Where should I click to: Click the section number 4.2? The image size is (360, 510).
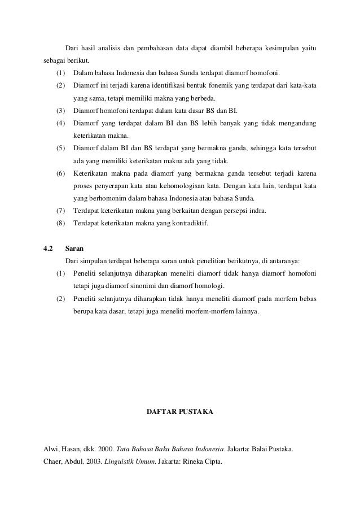click(x=49, y=247)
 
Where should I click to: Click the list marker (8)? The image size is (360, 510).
click(x=61, y=223)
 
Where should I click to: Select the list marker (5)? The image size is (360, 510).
click(x=61, y=149)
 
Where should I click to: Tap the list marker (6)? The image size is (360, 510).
click(x=61, y=173)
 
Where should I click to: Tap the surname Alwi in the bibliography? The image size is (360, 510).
click(x=51, y=450)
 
